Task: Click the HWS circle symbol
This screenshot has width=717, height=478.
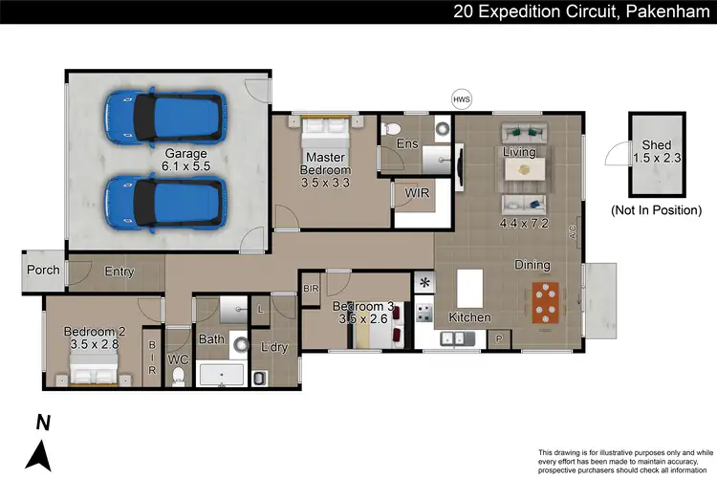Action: click(x=461, y=98)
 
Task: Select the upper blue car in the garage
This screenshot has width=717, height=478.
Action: click(x=166, y=117)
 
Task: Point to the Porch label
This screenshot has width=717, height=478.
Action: click(x=42, y=270)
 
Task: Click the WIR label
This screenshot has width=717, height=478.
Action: click(x=417, y=192)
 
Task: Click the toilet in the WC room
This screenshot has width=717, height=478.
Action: click(x=179, y=376)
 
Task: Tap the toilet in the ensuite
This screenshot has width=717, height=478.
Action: click(x=389, y=129)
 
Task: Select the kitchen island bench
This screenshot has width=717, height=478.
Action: click(x=469, y=288)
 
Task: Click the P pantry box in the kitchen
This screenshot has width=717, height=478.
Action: click(x=499, y=338)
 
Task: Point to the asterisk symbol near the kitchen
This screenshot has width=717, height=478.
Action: click(x=424, y=283)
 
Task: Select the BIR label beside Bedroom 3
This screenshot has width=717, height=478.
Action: click(x=311, y=287)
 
